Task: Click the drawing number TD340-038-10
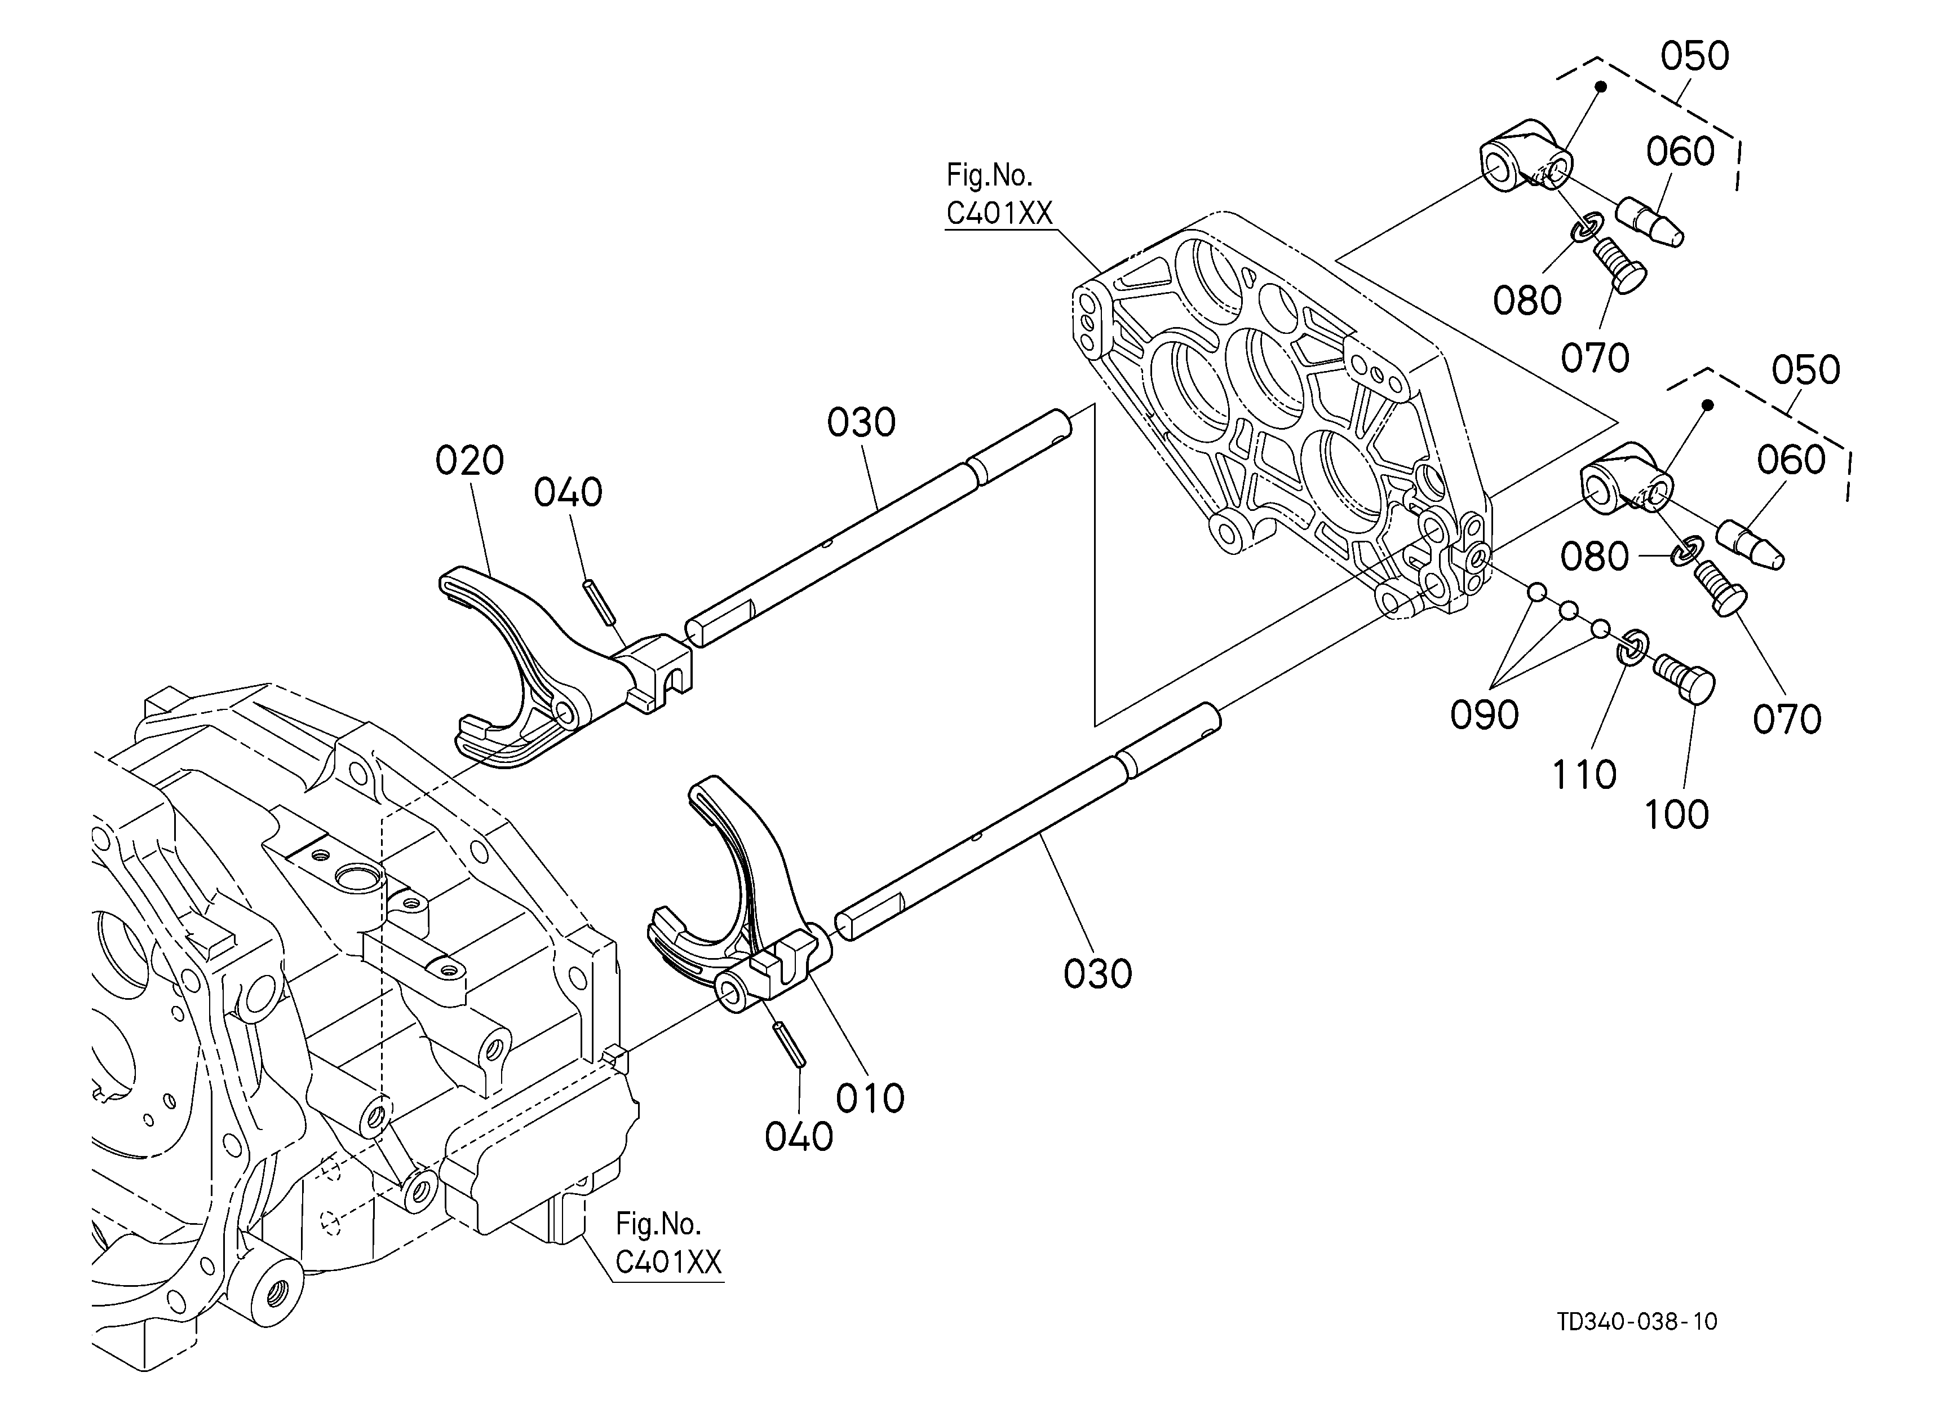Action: [1637, 1322]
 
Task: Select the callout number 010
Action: [870, 1098]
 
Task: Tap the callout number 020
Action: [469, 461]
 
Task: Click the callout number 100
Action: [1677, 814]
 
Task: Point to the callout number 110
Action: [1584, 775]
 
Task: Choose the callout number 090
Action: [1485, 714]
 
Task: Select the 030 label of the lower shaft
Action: [1098, 974]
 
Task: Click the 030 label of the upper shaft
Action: [861, 423]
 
